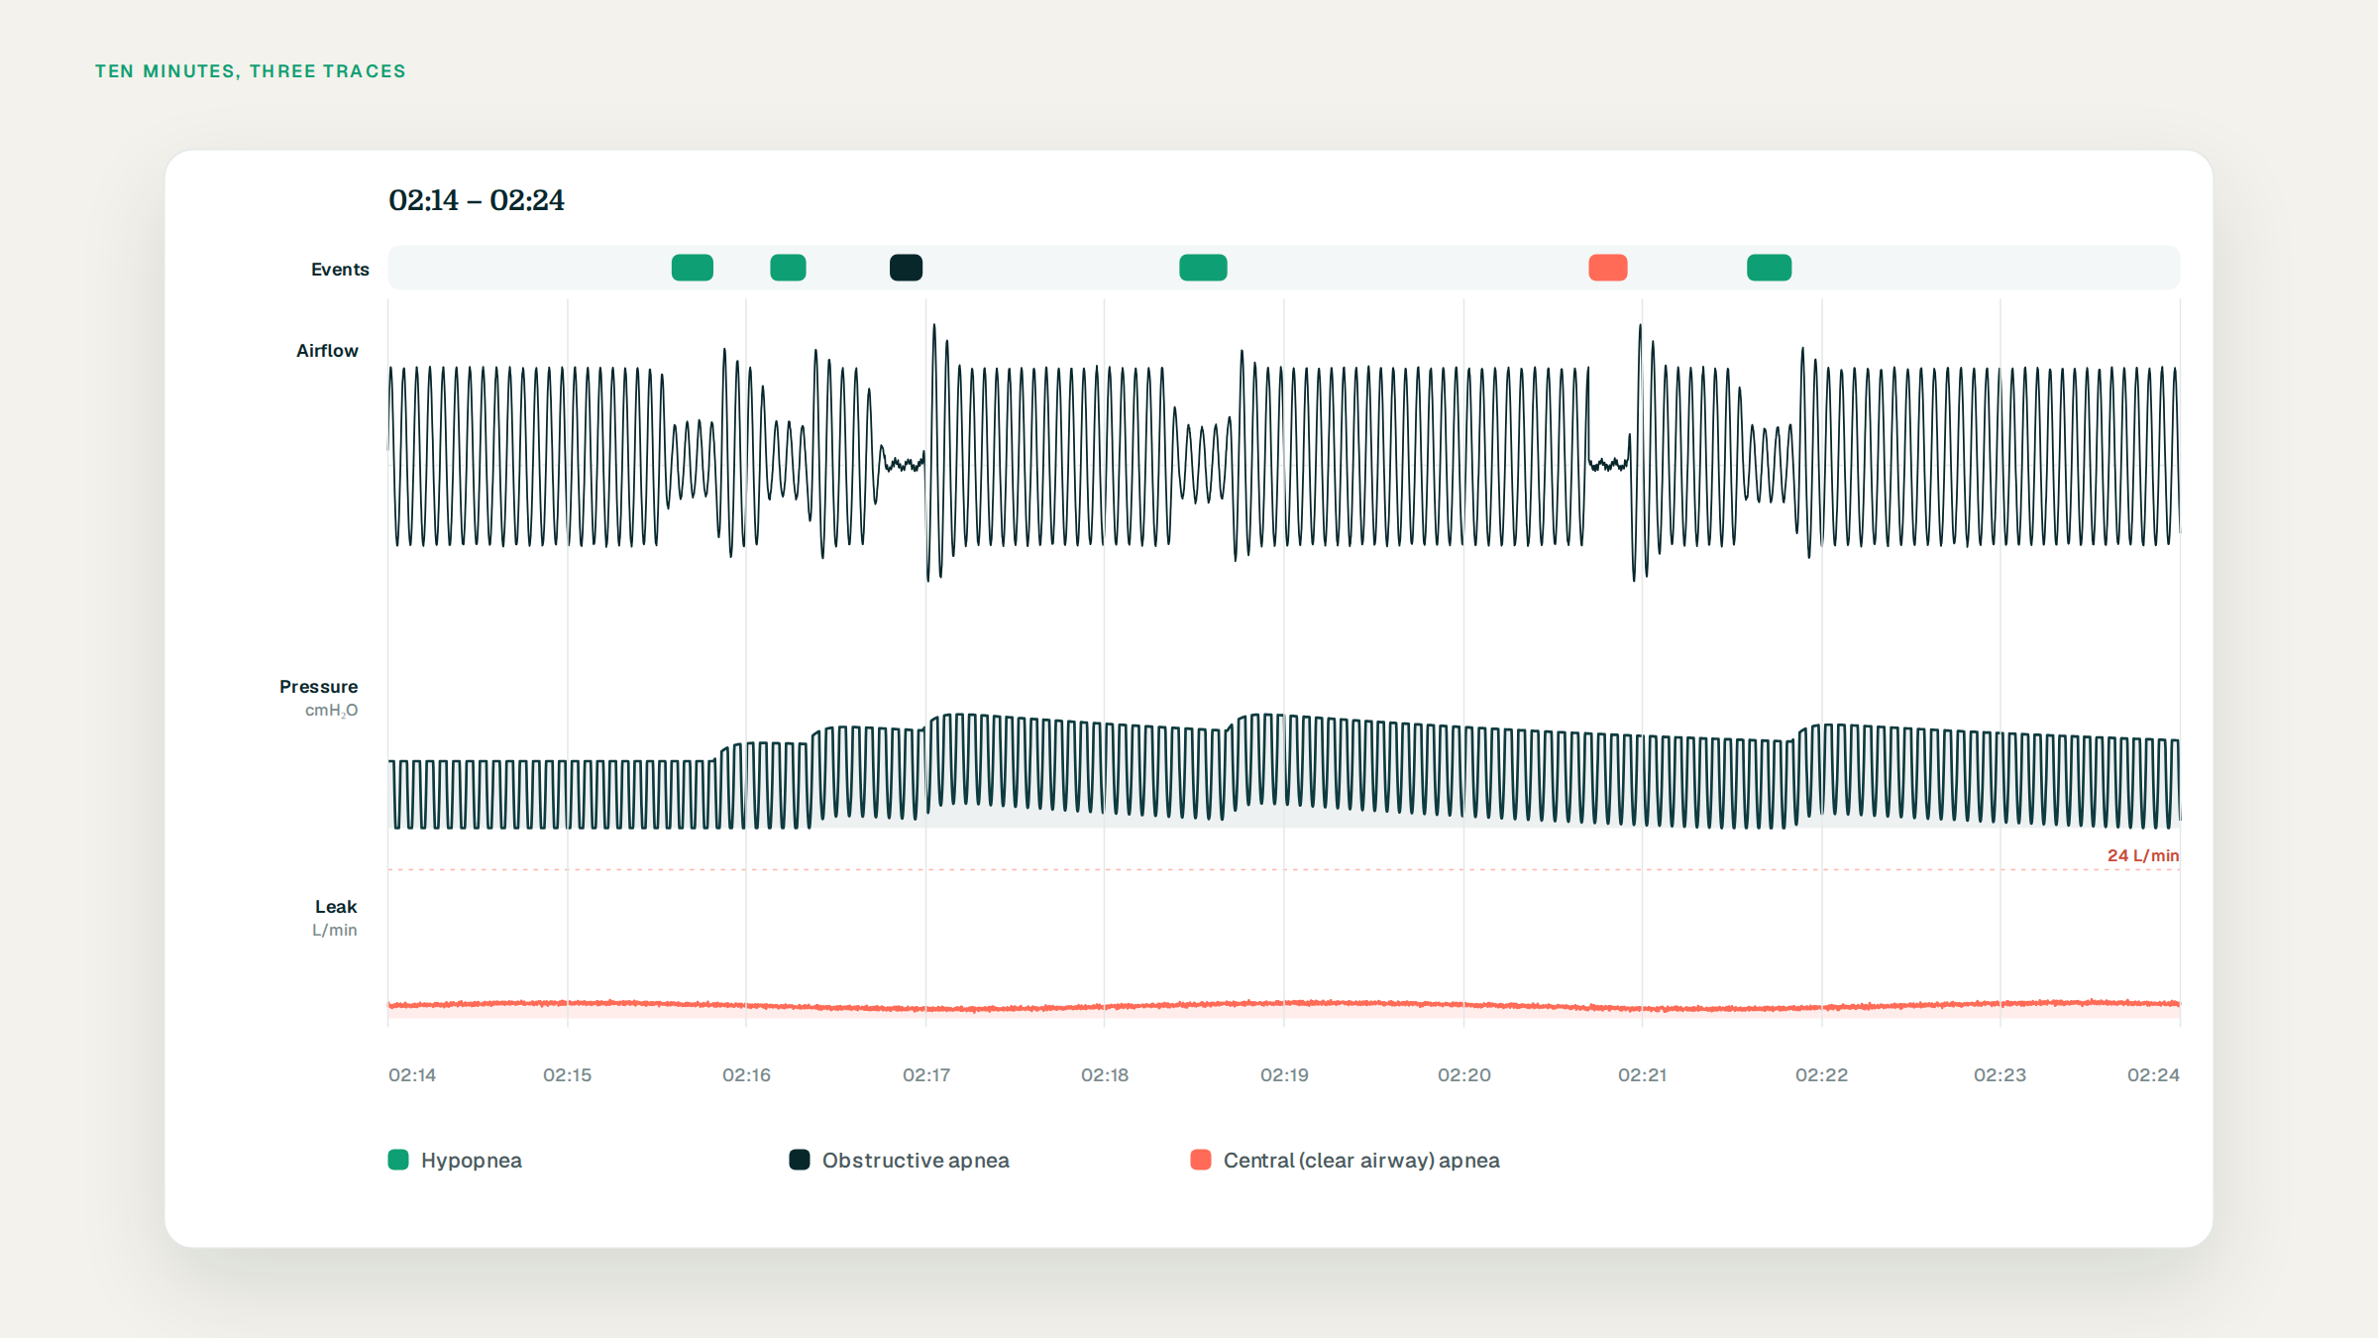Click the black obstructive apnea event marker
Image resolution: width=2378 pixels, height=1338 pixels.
(906, 268)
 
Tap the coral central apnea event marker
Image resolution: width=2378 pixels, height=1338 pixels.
(1607, 268)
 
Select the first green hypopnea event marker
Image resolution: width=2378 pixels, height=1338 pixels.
(692, 268)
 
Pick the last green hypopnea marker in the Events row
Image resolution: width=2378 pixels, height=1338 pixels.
(1769, 268)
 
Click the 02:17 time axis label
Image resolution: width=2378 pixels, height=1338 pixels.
(926, 1075)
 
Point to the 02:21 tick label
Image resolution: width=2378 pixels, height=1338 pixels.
(1642, 1075)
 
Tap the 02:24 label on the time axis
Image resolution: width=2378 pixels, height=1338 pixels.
(2153, 1075)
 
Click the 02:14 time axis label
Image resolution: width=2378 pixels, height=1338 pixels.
(412, 1075)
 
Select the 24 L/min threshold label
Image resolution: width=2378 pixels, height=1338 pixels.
(2142, 855)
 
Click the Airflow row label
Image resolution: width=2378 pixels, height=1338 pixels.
(327, 351)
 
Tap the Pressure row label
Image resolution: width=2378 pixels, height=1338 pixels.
(318, 687)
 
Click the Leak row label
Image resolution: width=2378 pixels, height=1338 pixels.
(336, 907)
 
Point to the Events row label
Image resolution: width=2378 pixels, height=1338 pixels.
(340, 270)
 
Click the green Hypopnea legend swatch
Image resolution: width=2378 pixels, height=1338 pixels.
(398, 1160)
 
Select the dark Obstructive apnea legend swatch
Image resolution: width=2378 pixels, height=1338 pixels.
(800, 1160)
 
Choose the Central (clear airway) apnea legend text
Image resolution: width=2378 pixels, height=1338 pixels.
(1361, 1161)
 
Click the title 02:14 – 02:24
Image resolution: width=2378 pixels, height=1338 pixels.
(477, 200)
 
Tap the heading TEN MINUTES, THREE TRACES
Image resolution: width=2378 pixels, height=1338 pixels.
(251, 71)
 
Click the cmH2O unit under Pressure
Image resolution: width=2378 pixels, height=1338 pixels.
(331, 711)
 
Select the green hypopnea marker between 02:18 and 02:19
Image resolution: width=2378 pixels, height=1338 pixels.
(1203, 268)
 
